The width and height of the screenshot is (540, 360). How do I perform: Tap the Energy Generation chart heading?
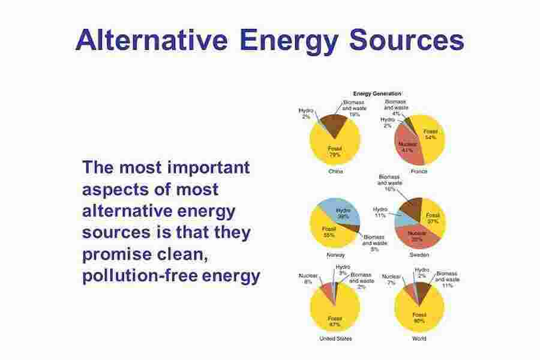(377, 94)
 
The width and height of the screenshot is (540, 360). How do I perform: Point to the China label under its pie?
(335, 172)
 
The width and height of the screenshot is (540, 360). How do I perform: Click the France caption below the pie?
(419, 172)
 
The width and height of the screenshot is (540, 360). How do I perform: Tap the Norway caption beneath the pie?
(335, 255)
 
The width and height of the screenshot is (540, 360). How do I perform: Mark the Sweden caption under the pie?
(419, 255)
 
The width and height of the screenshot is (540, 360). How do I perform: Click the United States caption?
(335, 338)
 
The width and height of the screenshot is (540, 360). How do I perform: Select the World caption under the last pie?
(419, 338)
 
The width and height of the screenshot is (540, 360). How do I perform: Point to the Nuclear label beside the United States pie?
(308, 275)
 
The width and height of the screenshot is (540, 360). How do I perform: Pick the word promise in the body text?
(117, 254)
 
